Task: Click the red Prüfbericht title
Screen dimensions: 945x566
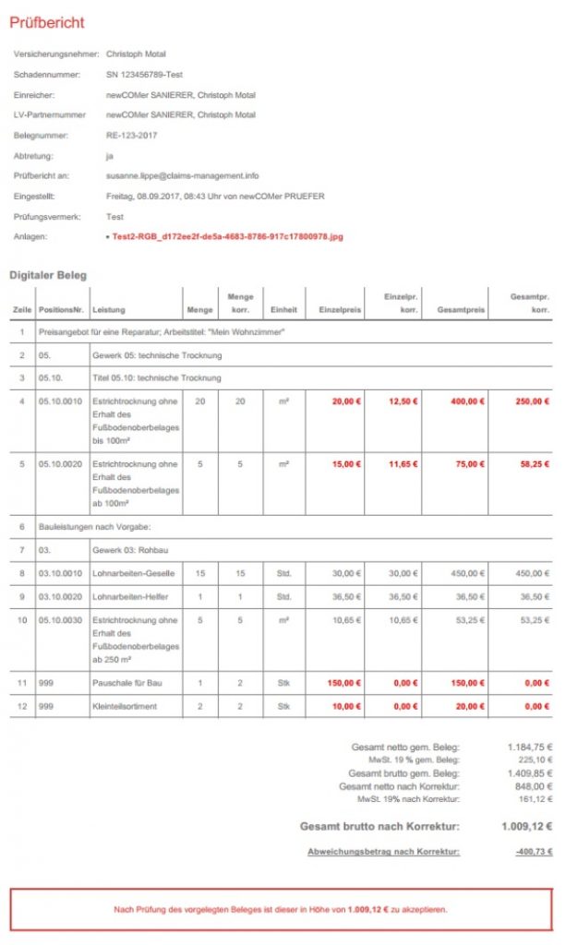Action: tap(47, 22)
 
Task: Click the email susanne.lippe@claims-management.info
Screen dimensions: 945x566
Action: tap(183, 175)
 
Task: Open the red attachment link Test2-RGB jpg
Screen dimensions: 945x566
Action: tap(227, 237)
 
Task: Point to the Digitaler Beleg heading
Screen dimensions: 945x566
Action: tap(47, 275)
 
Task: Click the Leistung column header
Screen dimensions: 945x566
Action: tap(109, 310)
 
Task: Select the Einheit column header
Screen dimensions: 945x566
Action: tap(283, 310)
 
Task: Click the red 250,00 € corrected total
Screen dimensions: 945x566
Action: tap(530, 401)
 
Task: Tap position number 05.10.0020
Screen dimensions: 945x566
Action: tap(61, 464)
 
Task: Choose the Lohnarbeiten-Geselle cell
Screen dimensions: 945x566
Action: tap(135, 573)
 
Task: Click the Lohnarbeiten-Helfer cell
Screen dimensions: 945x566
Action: tap(133, 596)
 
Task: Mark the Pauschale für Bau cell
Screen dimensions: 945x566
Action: tap(127, 683)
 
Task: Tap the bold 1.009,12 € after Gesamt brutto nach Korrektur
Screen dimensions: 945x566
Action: tap(526, 826)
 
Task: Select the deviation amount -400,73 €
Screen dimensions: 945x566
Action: tap(532, 851)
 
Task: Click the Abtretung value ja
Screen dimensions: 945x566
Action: tap(110, 155)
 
